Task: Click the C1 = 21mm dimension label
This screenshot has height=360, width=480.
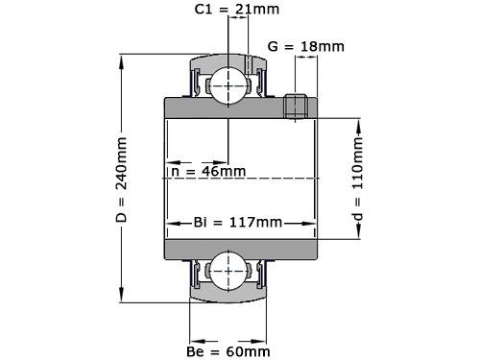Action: coord(237,10)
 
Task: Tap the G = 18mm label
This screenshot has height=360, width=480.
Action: coord(306,47)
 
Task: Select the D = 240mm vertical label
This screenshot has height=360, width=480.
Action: coord(122,180)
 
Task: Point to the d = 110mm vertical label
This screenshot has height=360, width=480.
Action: coord(358,179)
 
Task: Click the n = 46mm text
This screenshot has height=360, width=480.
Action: coord(208,171)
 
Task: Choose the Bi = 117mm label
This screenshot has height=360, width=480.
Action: coord(238,222)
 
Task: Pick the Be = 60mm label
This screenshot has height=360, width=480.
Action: coord(228,351)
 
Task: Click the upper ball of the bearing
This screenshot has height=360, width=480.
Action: coord(228,85)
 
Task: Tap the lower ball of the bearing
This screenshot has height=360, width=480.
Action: coord(228,271)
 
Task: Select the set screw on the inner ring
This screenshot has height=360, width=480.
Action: coord(296,107)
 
